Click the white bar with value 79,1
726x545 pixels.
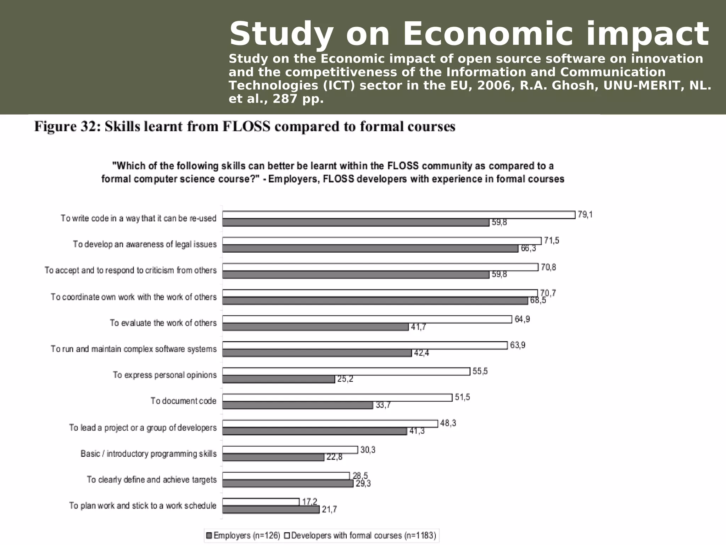(398, 215)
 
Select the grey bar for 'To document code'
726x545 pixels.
(297, 405)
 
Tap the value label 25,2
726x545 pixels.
(345, 379)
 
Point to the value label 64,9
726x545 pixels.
(522, 319)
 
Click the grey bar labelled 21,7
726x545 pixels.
(271, 510)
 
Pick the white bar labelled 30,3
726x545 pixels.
(290, 450)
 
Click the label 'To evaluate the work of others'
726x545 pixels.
(163, 323)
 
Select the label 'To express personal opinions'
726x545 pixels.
(164, 375)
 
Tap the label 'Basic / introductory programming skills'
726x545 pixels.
(149, 454)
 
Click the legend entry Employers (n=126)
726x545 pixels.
(243, 535)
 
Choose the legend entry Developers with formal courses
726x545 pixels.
(364, 535)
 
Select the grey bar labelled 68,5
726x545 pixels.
(375, 301)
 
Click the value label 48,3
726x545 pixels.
(448, 423)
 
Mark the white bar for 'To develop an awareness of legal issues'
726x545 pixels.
(382, 241)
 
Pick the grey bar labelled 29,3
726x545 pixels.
(287, 484)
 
